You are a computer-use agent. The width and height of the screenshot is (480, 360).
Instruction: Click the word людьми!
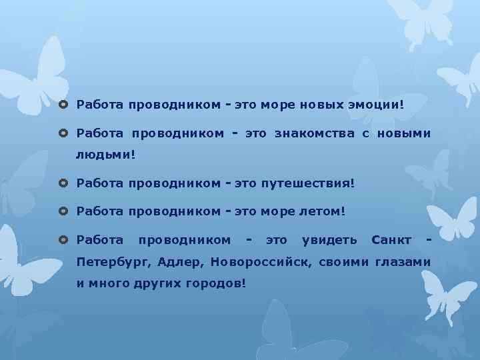pos(105,155)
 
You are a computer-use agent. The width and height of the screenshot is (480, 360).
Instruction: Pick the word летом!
pos(323,211)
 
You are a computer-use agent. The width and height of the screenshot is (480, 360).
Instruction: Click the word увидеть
pos(329,239)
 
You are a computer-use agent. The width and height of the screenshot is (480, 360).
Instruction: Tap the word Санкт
pos(391,239)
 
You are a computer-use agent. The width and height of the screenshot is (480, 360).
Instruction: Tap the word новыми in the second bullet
pos(404,134)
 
